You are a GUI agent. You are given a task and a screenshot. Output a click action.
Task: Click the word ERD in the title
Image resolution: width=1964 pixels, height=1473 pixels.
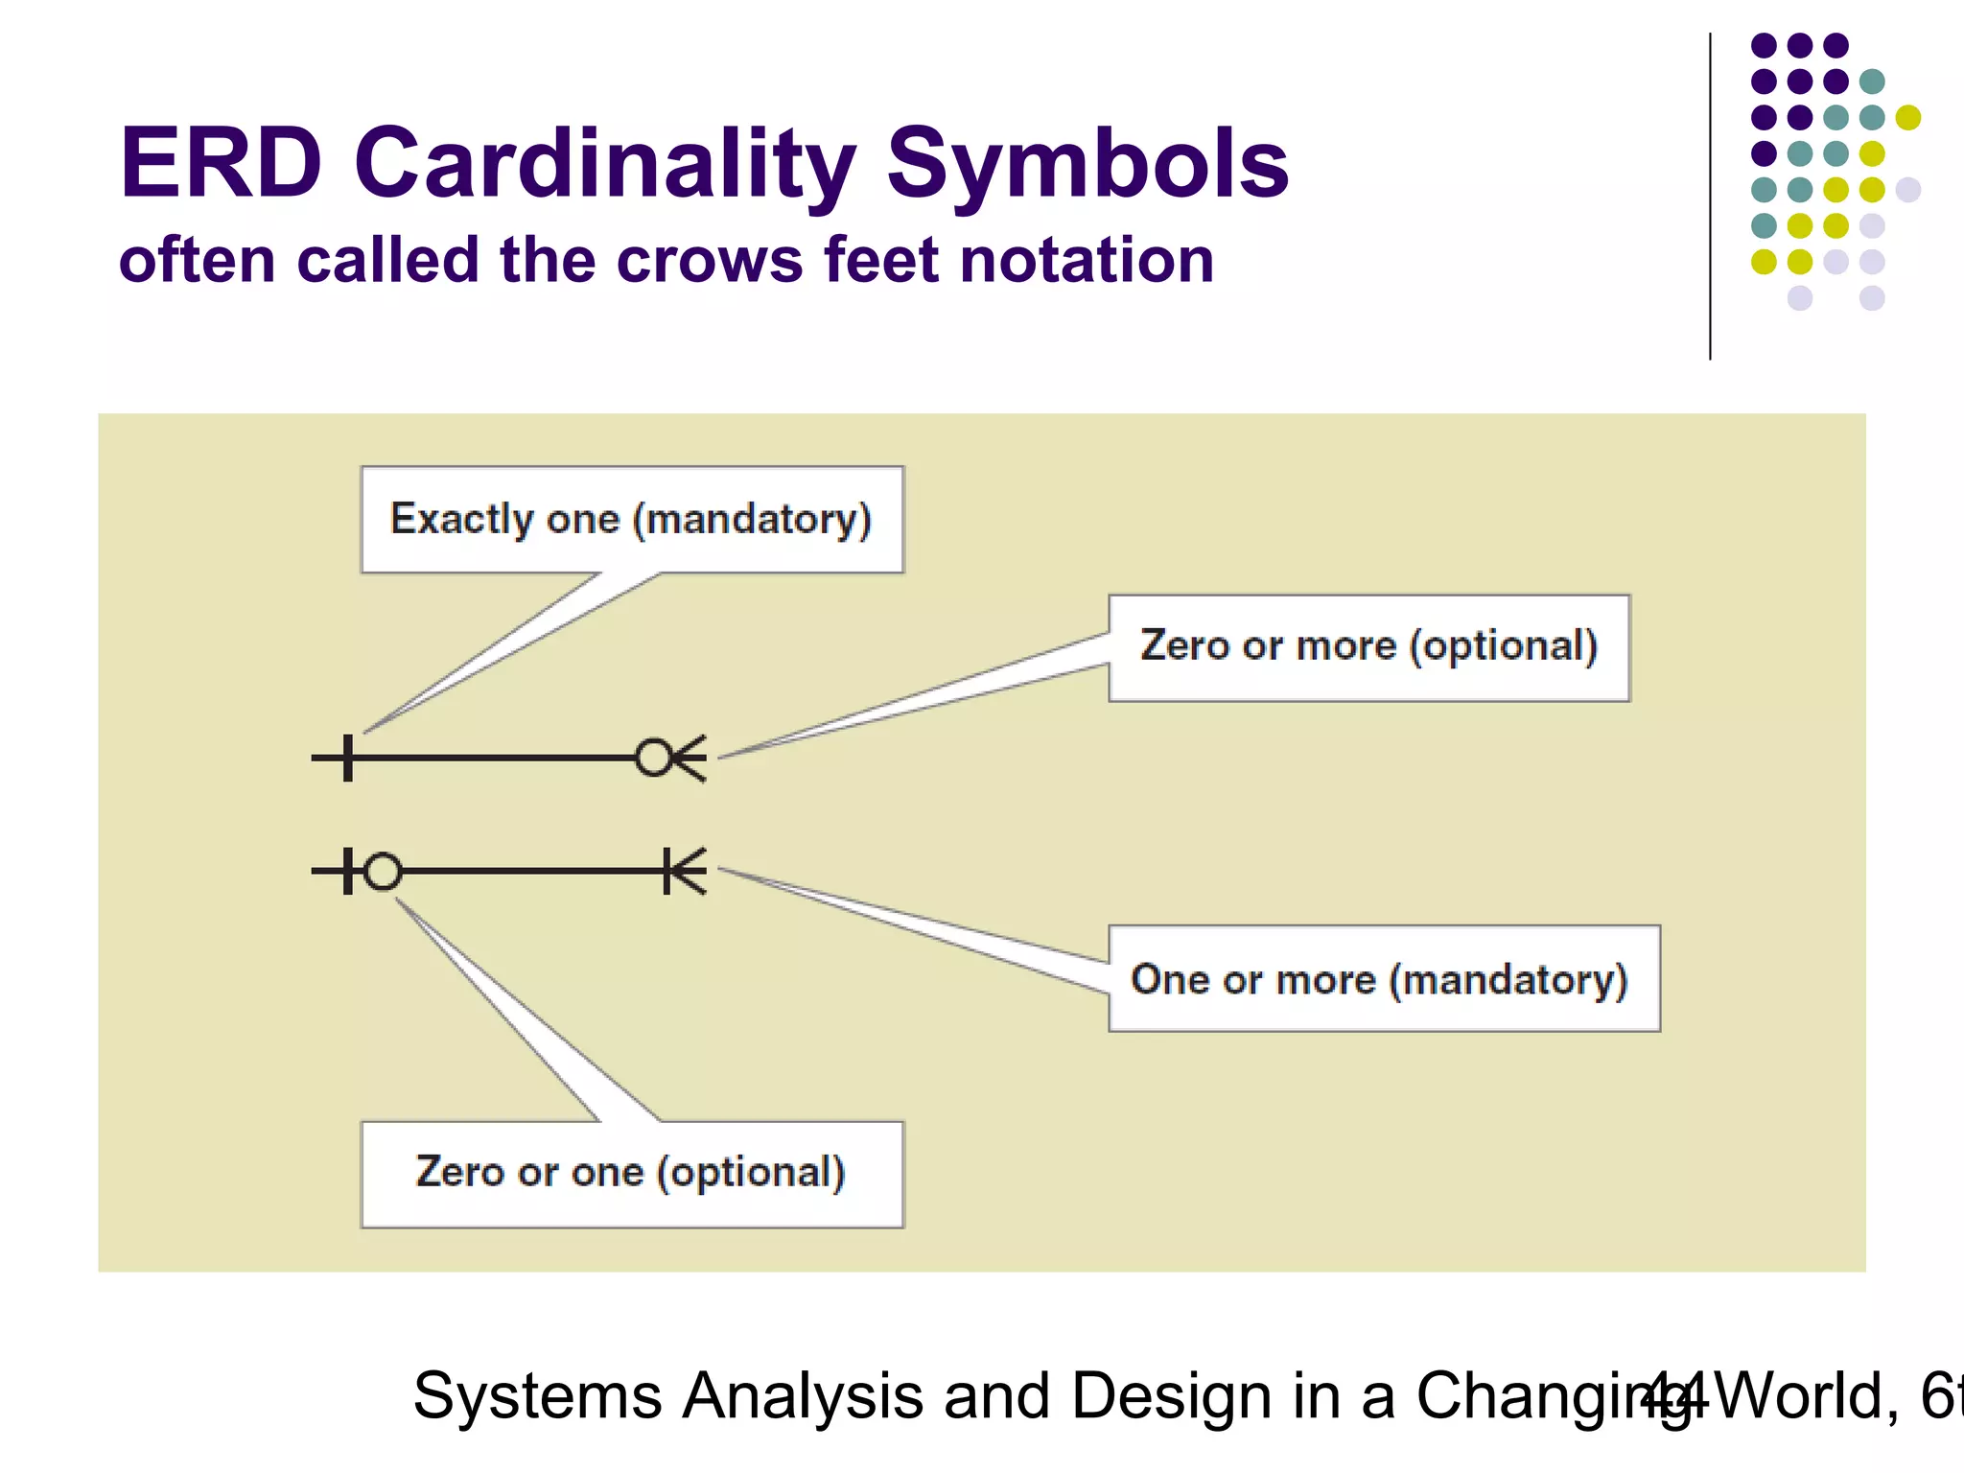coord(221,164)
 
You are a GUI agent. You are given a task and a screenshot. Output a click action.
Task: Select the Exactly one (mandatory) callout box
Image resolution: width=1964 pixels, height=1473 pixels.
coord(631,519)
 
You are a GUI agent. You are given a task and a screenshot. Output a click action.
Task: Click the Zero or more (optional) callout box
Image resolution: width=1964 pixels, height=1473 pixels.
coord(1368,647)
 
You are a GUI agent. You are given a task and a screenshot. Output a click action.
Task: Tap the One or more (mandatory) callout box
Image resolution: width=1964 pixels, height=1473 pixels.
coord(1383,978)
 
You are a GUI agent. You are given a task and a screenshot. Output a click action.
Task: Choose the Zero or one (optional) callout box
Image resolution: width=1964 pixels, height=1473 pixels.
coord(631,1174)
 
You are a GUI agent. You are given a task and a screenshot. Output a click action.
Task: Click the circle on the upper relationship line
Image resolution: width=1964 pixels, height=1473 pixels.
coord(654,758)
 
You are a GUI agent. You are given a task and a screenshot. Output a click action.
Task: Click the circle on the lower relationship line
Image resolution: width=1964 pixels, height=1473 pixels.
coord(383,872)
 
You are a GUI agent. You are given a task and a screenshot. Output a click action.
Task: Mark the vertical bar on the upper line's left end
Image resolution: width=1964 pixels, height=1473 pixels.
coord(347,758)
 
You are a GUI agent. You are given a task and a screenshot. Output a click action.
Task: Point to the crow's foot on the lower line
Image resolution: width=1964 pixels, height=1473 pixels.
coord(687,872)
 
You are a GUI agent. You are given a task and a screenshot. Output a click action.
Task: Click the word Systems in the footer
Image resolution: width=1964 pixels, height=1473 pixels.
coord(537,1396)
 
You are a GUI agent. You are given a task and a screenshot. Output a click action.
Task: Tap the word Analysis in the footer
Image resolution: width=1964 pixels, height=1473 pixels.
coord(802,1396)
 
